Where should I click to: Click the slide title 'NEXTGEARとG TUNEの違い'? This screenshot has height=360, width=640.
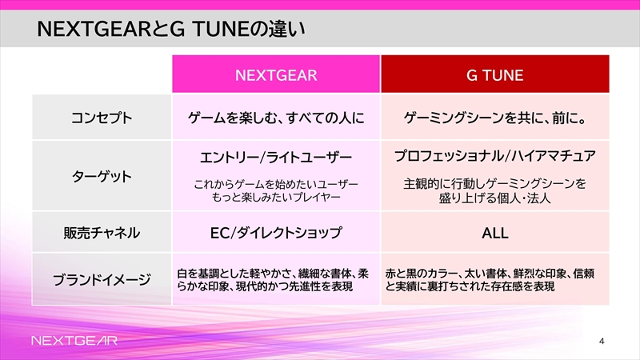[171, 29]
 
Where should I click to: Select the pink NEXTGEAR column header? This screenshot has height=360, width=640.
[276, 74]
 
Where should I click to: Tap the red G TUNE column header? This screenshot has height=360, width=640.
[495, 74]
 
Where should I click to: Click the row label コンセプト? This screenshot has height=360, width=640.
[102, 118]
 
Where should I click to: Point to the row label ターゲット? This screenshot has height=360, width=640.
[102, 176]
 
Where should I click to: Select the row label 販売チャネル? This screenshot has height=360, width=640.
[102, 233]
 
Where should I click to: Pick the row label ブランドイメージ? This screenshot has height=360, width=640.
[102, 279]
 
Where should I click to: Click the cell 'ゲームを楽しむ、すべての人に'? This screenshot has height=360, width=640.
[276, 118]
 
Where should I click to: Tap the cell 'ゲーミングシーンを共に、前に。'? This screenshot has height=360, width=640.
[495, 118]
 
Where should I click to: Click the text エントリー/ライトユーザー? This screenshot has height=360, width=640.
[276, 158]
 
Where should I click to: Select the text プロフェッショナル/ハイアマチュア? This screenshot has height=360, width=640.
[495, 156]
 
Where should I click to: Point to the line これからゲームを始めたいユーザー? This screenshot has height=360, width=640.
[276, 185]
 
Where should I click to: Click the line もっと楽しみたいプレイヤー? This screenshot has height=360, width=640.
[276, 198]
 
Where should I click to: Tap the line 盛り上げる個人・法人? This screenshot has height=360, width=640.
[495, 198]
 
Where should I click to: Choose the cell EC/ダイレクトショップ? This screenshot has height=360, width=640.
[276, 233]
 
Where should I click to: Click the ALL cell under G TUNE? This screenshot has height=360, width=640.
[495, 233]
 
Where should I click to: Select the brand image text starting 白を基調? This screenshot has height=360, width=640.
[273, 279]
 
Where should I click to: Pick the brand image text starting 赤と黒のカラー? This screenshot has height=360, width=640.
[490, 279]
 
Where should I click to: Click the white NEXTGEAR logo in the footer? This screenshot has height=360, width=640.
[74, 341]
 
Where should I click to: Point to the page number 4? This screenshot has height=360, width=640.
[602, 342]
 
